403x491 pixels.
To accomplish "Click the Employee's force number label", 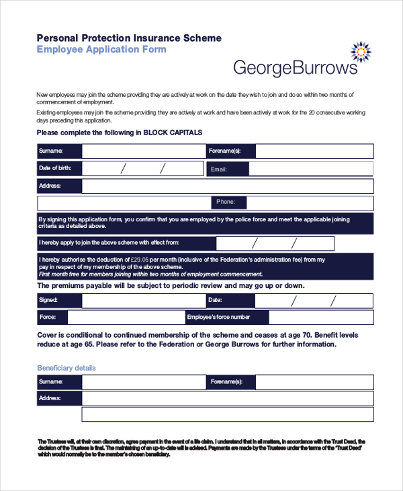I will click(219, 317).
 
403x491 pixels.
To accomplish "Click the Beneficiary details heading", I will click(66, 368).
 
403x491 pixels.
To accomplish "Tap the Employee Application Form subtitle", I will click(101, 50).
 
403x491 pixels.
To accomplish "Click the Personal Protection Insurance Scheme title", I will click(129, 38).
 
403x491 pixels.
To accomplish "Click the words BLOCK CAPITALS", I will click(172, 133).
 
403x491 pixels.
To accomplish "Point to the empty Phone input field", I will click(310, 202).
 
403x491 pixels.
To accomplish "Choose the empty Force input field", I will click(125, 317).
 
